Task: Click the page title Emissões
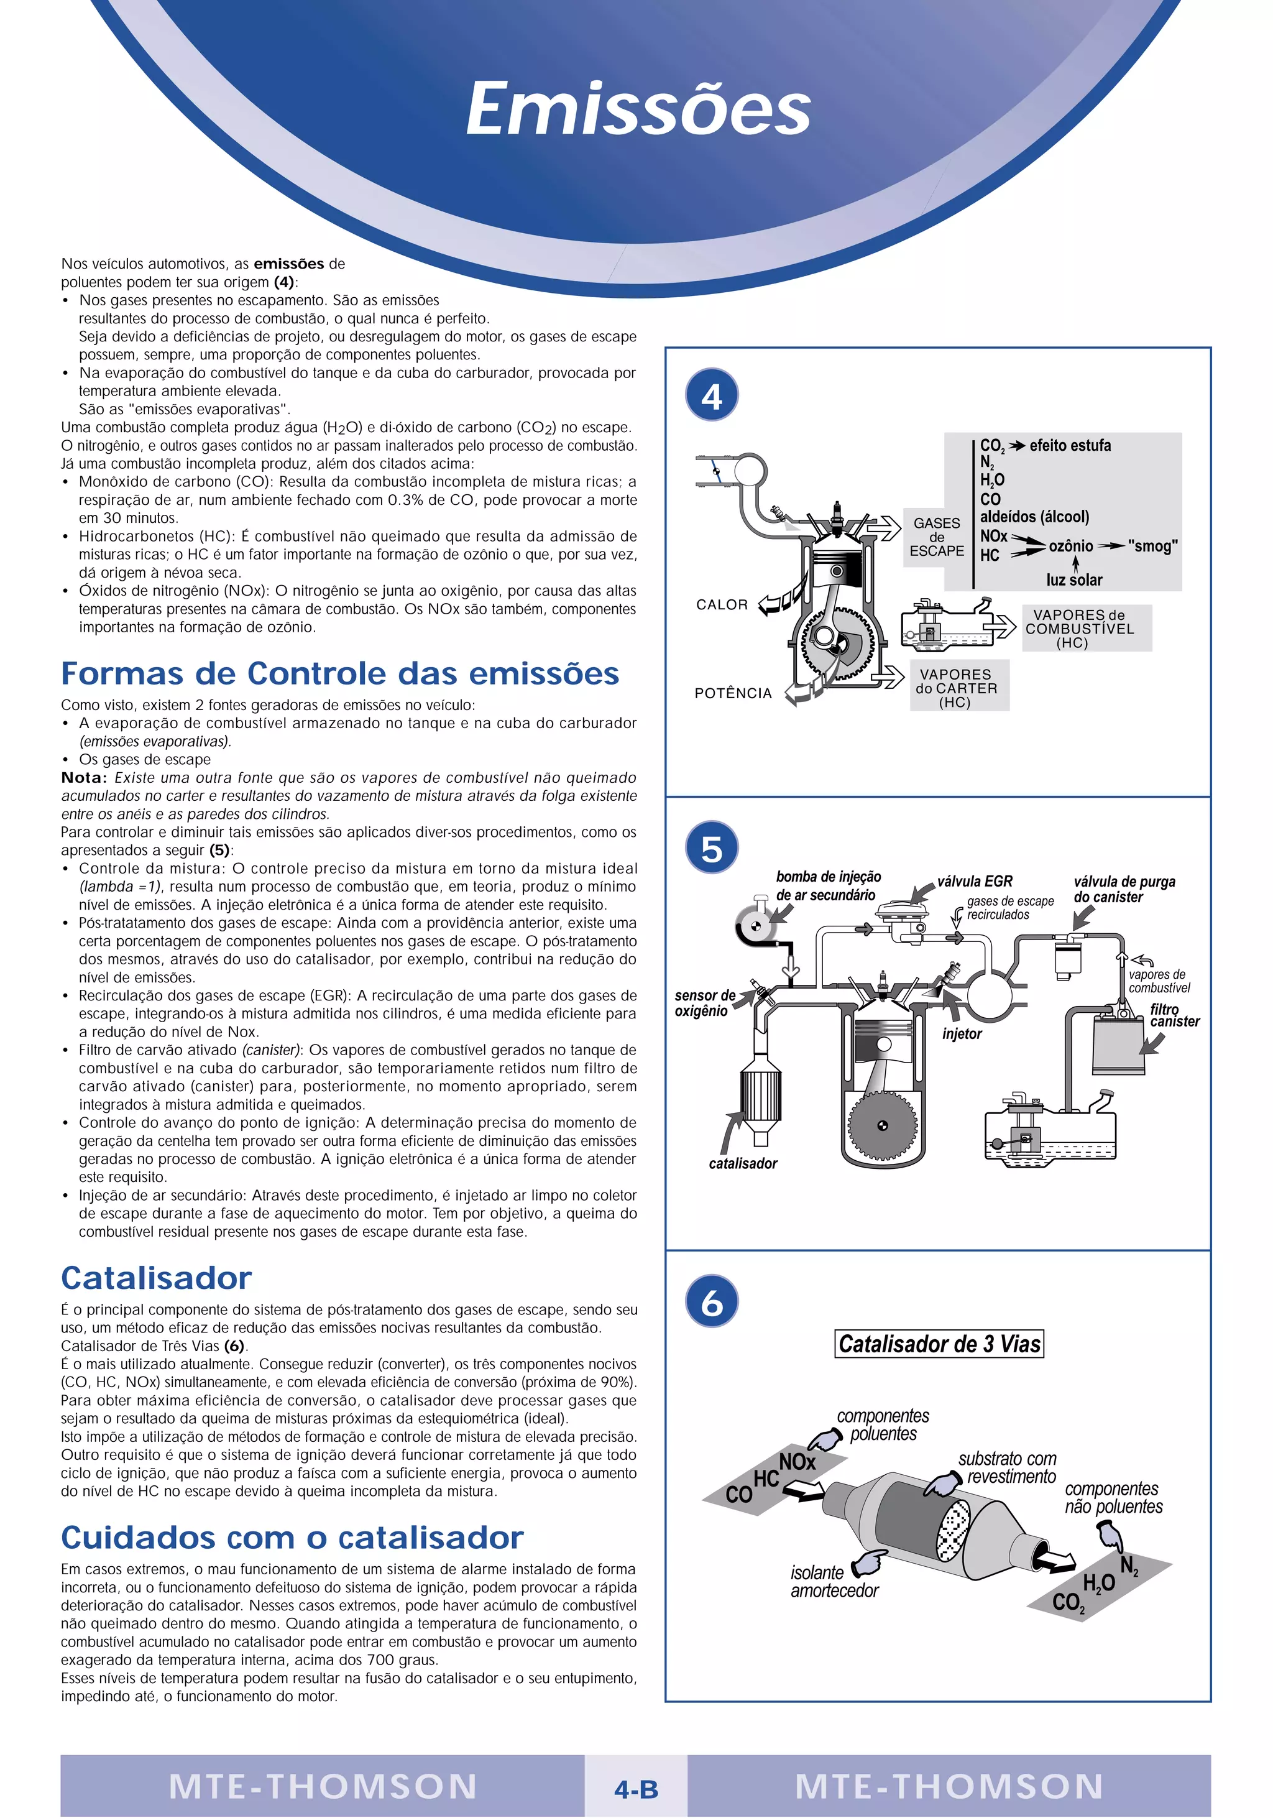(x=638, y=109)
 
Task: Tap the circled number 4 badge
(x=712, y=395)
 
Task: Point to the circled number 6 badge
(x=712, y=1301)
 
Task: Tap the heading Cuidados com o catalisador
(x=292, y=1537)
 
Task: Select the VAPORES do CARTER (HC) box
(x=958, y=686)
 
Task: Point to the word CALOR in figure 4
(x=721, y=605)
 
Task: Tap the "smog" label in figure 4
(x=1152, y=545)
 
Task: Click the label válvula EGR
(x=975, y=881)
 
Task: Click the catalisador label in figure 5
(x=743, y=1163)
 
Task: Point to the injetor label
(x=961, y=1033)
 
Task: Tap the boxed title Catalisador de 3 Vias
(x=939, y=1343)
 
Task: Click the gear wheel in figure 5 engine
(x=882, y=1126)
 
